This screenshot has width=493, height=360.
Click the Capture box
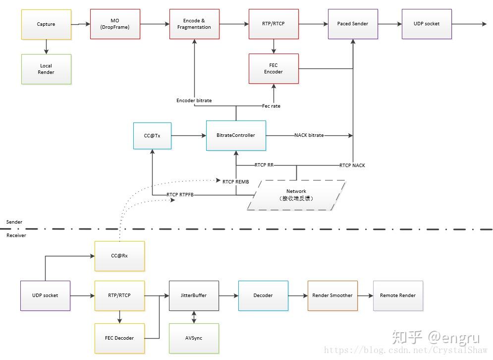(x=46, y=24)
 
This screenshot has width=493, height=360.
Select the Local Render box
(x=46, y=69)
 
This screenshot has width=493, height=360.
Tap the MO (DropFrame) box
(x=115, y=24)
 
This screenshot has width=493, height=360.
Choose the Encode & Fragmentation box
(x=194, y=24)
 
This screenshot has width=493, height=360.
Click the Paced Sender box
(x=352, y=24)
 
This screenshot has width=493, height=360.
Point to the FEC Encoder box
(x=273, y=68)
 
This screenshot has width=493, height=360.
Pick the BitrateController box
(x=236, y=135)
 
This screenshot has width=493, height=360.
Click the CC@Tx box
(x=153, y=135)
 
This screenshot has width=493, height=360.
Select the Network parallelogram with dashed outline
(x=296, y=195)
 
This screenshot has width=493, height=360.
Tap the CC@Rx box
(x=119, y=256)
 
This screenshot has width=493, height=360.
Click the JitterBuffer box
(x=194, y=296)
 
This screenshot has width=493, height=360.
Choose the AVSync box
(x=194, y=338)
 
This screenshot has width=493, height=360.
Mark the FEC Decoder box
(x=119, y=338)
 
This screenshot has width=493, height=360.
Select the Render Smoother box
(x=332, y=296)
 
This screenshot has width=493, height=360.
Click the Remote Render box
(x=398, y=296)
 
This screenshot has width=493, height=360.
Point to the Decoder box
(x=263, y=296)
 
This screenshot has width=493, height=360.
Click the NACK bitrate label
(x=309, y=135)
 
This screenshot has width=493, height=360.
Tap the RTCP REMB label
(x=235, y=182)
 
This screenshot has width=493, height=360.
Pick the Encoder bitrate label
(x=194, y=101)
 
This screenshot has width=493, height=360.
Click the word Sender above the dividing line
(x=14, y=222)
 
